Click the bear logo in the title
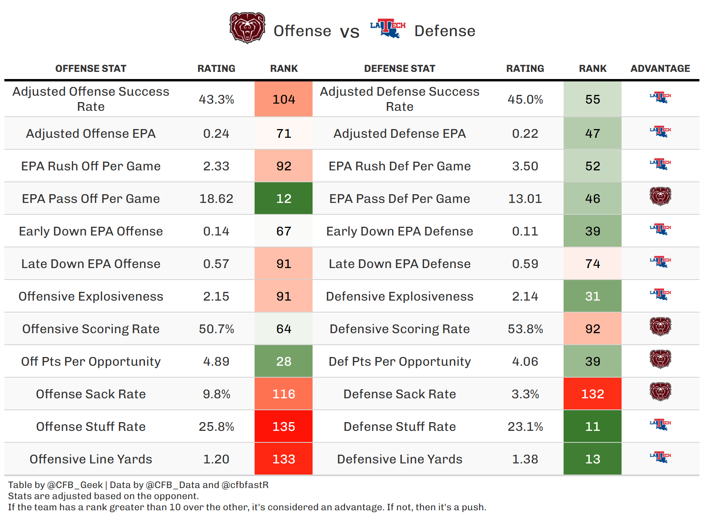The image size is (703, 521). click(x=247, y=28)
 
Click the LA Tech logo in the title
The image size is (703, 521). click(x=388, y=28)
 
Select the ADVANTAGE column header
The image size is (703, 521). click(x=660, y=69)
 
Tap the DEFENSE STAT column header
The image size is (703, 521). click(x=400, y=69)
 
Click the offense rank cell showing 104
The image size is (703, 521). click(x=284, y=99)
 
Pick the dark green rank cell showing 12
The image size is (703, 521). click(x=284, y=199)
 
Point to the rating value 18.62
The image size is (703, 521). click(x=216, y=199)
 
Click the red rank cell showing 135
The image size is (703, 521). click(x=284, y=426)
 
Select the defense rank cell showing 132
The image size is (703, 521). click(x=593, y=394)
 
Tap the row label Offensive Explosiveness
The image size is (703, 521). click(x=91, y=296)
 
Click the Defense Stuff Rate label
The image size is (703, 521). click(x=400, y=426)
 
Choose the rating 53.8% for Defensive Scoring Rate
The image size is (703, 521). click(x=525, y=329)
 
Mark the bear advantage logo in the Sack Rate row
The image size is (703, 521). click(x=660, y=392)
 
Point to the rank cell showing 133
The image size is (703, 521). click(x=284, y=459)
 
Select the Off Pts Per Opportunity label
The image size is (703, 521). click(x=91, y=361)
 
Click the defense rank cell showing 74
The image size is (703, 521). click(x=593, y=264)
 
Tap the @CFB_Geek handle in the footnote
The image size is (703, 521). click(x=75, y=485)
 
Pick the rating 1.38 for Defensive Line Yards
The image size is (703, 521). click(x=525, y=459)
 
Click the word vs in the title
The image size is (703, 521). click(x=350, y=32)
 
